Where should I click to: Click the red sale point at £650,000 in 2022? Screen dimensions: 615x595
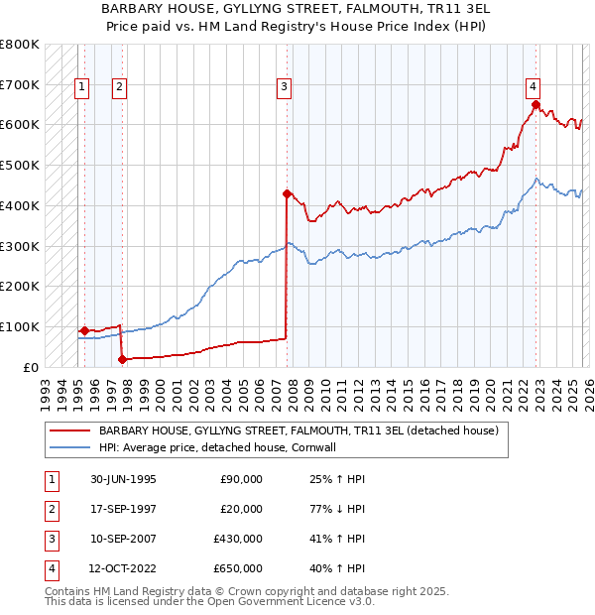pos(535,104)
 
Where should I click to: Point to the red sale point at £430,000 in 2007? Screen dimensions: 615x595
pos(287,193)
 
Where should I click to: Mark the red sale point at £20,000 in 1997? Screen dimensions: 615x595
pos(122,359)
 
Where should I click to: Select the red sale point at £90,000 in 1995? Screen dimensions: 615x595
pos(85,330)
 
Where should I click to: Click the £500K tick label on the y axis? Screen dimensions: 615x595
pos(20,165)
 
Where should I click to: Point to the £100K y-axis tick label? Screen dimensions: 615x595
pos(20,326)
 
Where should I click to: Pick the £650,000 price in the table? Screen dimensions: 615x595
pos(241,568)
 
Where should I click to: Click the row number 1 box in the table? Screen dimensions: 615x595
pos(49,479)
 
